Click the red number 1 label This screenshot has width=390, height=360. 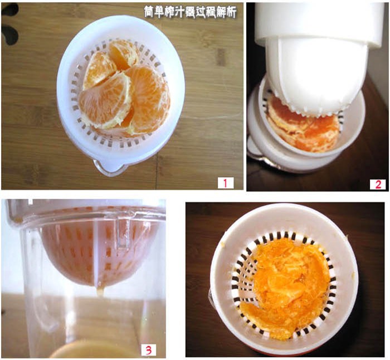point(226,183)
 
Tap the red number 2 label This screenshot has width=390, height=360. point(378,184)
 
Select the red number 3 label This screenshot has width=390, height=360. point(148,350)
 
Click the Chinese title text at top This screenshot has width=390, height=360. point(190,12)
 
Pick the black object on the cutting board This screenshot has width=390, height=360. point(9,25)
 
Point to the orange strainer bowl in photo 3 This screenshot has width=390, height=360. point(96,254)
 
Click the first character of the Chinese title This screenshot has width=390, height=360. point(149,12)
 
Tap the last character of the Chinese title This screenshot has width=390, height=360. point(231,12)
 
